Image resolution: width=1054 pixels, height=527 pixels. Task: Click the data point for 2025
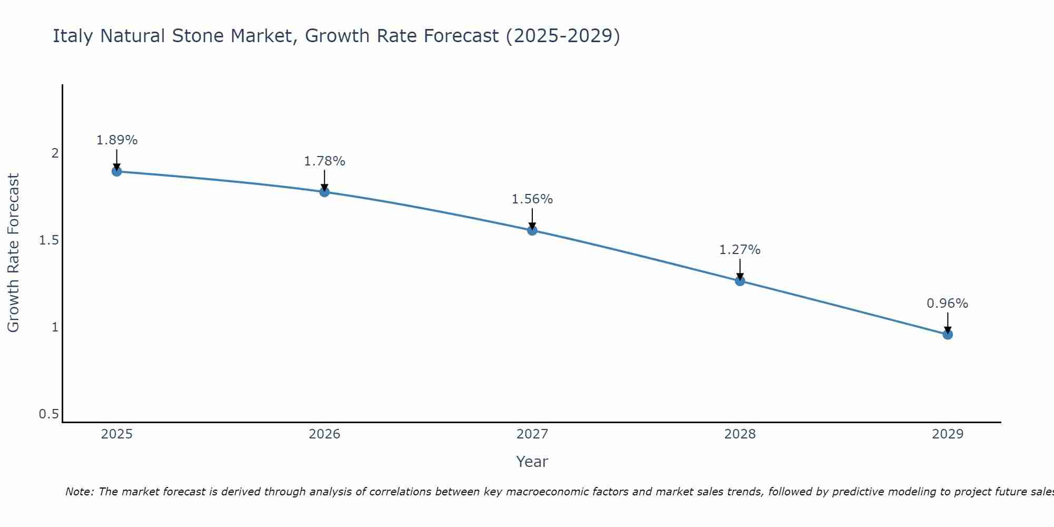click(117, 171)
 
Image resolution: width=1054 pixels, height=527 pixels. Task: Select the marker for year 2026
click(325, 192)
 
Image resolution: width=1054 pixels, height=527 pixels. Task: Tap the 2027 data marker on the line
click(532, 230)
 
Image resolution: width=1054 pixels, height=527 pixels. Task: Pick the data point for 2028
click(740, 281)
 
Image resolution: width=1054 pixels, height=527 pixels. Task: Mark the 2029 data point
click(948, 335)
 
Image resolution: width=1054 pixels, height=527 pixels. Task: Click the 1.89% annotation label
click(117, 140)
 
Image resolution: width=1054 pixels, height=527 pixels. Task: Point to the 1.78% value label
click(325, 161)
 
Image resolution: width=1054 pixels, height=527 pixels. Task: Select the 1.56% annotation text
click(532, 199)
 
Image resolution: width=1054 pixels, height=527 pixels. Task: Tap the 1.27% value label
click(740, 250)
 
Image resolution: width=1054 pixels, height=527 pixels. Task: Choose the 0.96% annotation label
click(948, 304)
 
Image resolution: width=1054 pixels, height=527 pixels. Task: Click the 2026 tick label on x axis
click(325, 434)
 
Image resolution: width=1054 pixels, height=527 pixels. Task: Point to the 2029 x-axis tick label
click(948, 434)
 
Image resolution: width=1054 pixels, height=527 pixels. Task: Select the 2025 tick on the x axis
click(117, 434)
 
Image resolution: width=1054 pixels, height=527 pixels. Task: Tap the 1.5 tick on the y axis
click(48, 240)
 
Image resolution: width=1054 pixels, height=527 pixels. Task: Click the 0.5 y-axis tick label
click(48, 414)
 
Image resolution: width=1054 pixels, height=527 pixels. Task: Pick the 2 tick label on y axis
click(55, 153)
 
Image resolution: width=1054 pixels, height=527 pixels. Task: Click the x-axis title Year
click(532, 462)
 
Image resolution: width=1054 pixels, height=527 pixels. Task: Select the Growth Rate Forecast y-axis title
click(13, 253)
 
